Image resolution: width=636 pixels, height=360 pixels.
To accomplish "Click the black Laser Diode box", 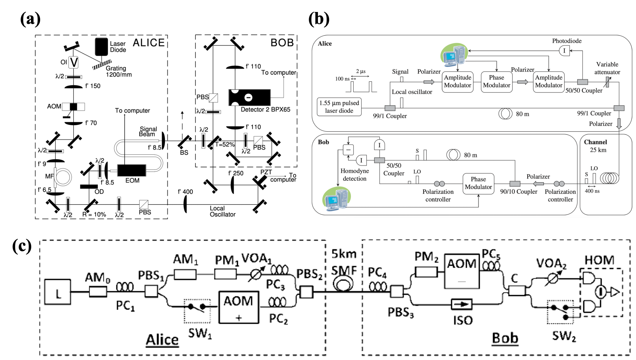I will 101,47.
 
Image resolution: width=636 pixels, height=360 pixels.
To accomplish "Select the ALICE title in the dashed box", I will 149,43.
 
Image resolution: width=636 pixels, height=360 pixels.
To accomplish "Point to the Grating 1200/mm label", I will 119,71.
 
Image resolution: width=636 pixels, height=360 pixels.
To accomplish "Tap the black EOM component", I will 132,170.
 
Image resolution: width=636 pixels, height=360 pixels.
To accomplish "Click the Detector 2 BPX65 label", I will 265,110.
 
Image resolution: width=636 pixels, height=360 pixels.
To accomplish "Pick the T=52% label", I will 225,144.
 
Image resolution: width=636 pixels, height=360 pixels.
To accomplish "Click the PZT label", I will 266,172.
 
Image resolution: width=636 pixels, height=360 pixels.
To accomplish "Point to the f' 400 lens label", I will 185,192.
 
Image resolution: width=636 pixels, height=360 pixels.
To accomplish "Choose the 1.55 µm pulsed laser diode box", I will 339,107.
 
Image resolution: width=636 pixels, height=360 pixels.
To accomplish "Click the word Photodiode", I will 567,41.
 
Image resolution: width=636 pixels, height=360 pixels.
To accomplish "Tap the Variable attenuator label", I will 607,68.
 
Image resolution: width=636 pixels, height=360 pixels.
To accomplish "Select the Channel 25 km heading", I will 595,146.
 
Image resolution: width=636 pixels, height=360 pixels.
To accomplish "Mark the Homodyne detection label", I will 355,175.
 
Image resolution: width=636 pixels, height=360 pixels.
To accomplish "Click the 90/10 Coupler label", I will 519,191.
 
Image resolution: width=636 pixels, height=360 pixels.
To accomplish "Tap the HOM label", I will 599,260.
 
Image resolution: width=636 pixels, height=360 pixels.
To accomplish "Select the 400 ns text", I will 592,191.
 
